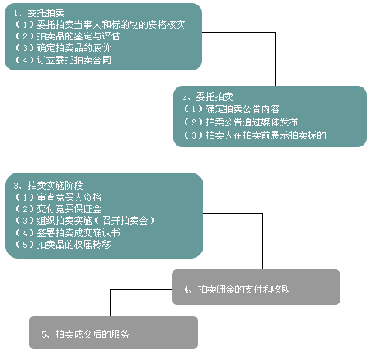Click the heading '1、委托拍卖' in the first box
(x=39, y=12)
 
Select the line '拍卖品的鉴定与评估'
(x=67, y=36)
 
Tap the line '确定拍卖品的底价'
(x=63, y=48)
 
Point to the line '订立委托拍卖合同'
(x=63, y=60)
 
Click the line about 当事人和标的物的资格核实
(x=100, y=25)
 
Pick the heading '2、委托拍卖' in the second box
(x=207, y=97)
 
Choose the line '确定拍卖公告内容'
(x=231, y=109)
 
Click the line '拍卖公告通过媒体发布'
(x=241, y=122)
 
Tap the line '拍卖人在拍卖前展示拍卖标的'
(x=255, y=135)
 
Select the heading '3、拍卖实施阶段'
(x=48, y=185)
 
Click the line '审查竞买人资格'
(x=58, y=197)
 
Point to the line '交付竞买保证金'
(x=58, y=209)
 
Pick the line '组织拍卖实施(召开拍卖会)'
(x=84, y=221)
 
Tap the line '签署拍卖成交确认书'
(x=67, y=232)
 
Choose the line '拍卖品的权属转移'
(x=63, y=244)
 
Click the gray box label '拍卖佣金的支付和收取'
(x=237, y=290)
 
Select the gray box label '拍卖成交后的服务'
(x=85, y=334)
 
